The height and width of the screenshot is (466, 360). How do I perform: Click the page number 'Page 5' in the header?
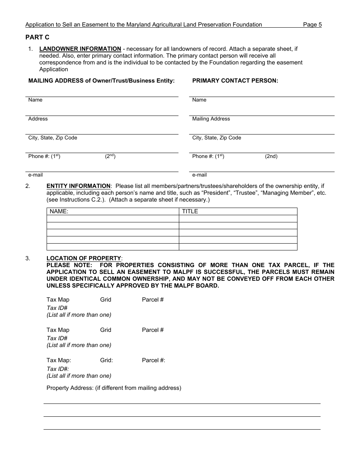click(x=312, y=25)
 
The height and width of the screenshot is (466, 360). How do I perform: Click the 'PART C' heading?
click(x=37, y=37)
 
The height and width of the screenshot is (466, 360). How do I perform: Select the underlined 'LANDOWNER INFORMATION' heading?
click(x=80, y=49)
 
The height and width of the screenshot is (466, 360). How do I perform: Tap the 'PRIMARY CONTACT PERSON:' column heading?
click(x=235, y=81)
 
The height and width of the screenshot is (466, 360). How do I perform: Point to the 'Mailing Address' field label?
click(x=211, y=119)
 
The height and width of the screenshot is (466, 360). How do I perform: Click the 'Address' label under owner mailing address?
click(x=38, y=119)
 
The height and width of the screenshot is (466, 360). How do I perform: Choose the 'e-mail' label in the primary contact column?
click(x=199, y=175)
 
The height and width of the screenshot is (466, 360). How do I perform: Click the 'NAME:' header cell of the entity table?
click(x=59, y=211)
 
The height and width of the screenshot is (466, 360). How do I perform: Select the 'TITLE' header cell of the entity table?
click(x=190, y=211)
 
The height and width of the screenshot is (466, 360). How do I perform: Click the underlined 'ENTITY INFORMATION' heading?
click(x=78, y=186)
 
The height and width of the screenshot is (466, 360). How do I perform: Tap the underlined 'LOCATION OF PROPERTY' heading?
click(x=84, y=258)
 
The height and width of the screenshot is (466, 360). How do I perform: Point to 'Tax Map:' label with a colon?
click(x=59, y=360)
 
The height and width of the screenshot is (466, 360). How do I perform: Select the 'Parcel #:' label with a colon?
click(x=153, y=360)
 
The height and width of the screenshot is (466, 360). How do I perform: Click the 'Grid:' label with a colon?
click(x=106, y=360)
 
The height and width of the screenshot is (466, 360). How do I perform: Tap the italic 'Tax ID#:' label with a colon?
click(x=58, y=369)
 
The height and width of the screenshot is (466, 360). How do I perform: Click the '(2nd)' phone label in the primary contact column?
click(x=271, y=156)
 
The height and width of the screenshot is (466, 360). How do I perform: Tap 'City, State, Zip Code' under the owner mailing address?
click(x=53, y=138)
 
